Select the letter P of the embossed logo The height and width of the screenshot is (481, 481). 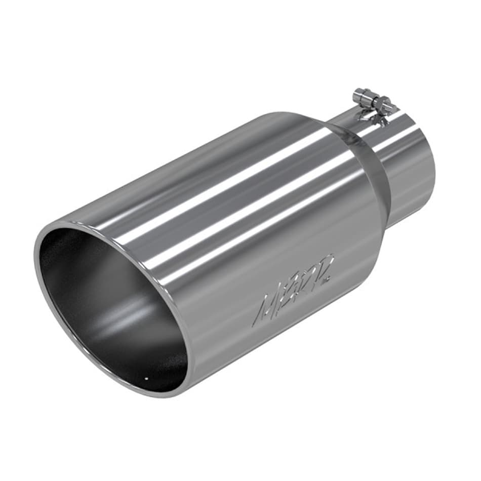(323, 266)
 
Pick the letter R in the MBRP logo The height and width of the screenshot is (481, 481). (305, 278)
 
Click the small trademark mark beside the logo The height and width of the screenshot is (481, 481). (330, 278)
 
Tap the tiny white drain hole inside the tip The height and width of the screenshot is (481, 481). (146, 377)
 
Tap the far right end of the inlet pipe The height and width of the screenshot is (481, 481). (433, 172)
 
